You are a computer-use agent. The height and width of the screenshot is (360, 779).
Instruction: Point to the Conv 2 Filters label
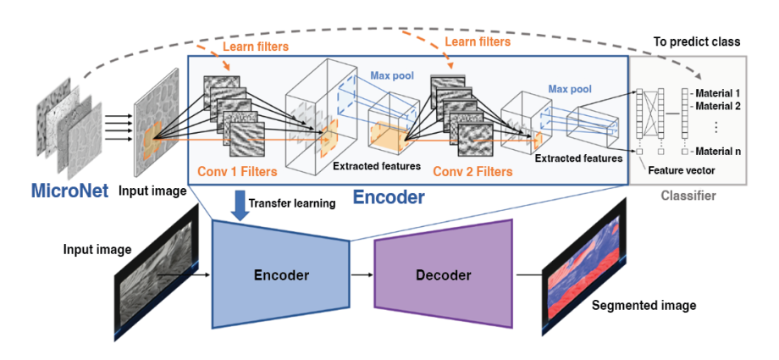472,171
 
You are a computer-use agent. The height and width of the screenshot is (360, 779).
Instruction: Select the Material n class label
721,152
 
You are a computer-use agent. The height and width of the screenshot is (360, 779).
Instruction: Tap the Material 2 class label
721,106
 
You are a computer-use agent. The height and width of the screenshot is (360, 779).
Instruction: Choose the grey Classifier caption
688,196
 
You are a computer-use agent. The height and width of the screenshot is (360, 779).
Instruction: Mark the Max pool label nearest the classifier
569,88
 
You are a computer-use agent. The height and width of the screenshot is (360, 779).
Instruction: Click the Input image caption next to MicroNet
154,191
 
